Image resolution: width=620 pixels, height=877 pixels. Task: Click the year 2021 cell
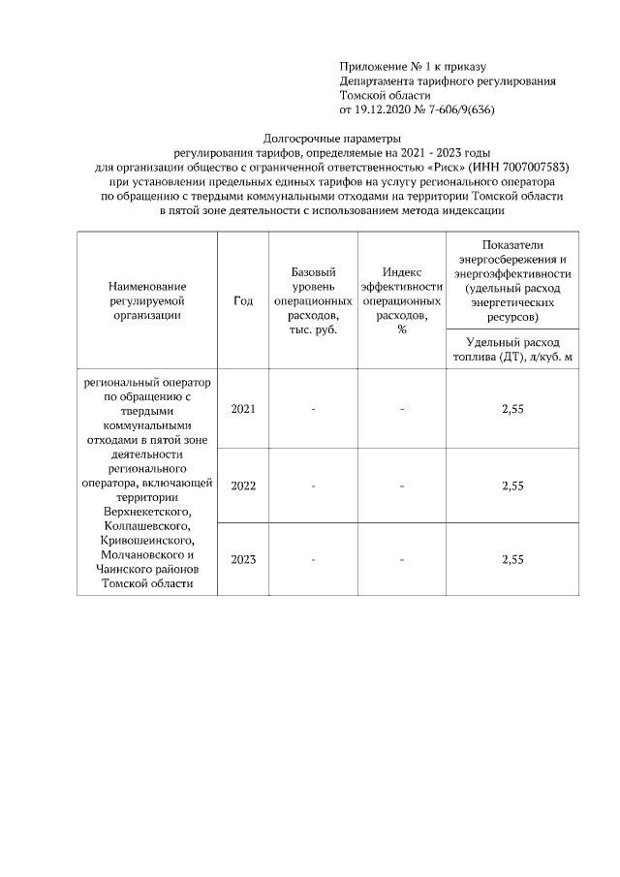(x=243, y=409)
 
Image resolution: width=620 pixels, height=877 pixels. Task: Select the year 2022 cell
(x=243, y=485)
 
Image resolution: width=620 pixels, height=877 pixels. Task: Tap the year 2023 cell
(x=243, y=560)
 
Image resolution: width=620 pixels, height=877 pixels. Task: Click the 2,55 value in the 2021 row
(x=512, y=409)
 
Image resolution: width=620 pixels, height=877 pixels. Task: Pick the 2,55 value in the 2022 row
(x=512, y=485)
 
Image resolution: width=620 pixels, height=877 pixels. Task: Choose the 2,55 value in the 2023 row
(x=512, y=560)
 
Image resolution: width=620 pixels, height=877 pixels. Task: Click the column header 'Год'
(x=243, y=301)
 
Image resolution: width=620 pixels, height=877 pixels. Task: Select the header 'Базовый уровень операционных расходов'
(x=313, y=301)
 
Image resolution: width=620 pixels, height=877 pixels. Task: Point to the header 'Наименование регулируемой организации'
(x=147, y=300)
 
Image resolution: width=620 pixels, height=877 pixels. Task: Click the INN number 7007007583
(x=528, y=167)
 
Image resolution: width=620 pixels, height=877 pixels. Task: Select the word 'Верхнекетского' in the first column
(x=147, y=511)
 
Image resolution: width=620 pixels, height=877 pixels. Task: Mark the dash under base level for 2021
(x=313, y=409)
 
